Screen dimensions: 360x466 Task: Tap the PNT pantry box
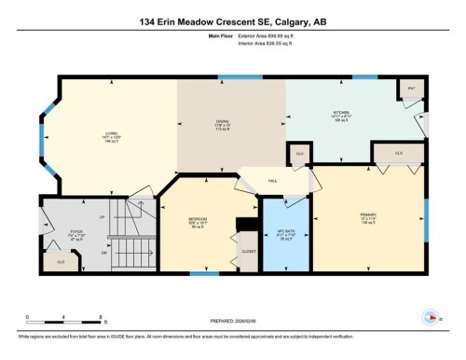pos(410,89)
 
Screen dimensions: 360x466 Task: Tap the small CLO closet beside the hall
pos(299,153)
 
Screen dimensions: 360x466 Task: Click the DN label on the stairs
pos(105,252)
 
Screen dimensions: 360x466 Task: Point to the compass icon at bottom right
pos(432,315)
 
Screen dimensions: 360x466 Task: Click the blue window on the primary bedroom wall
pos(426,214)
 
